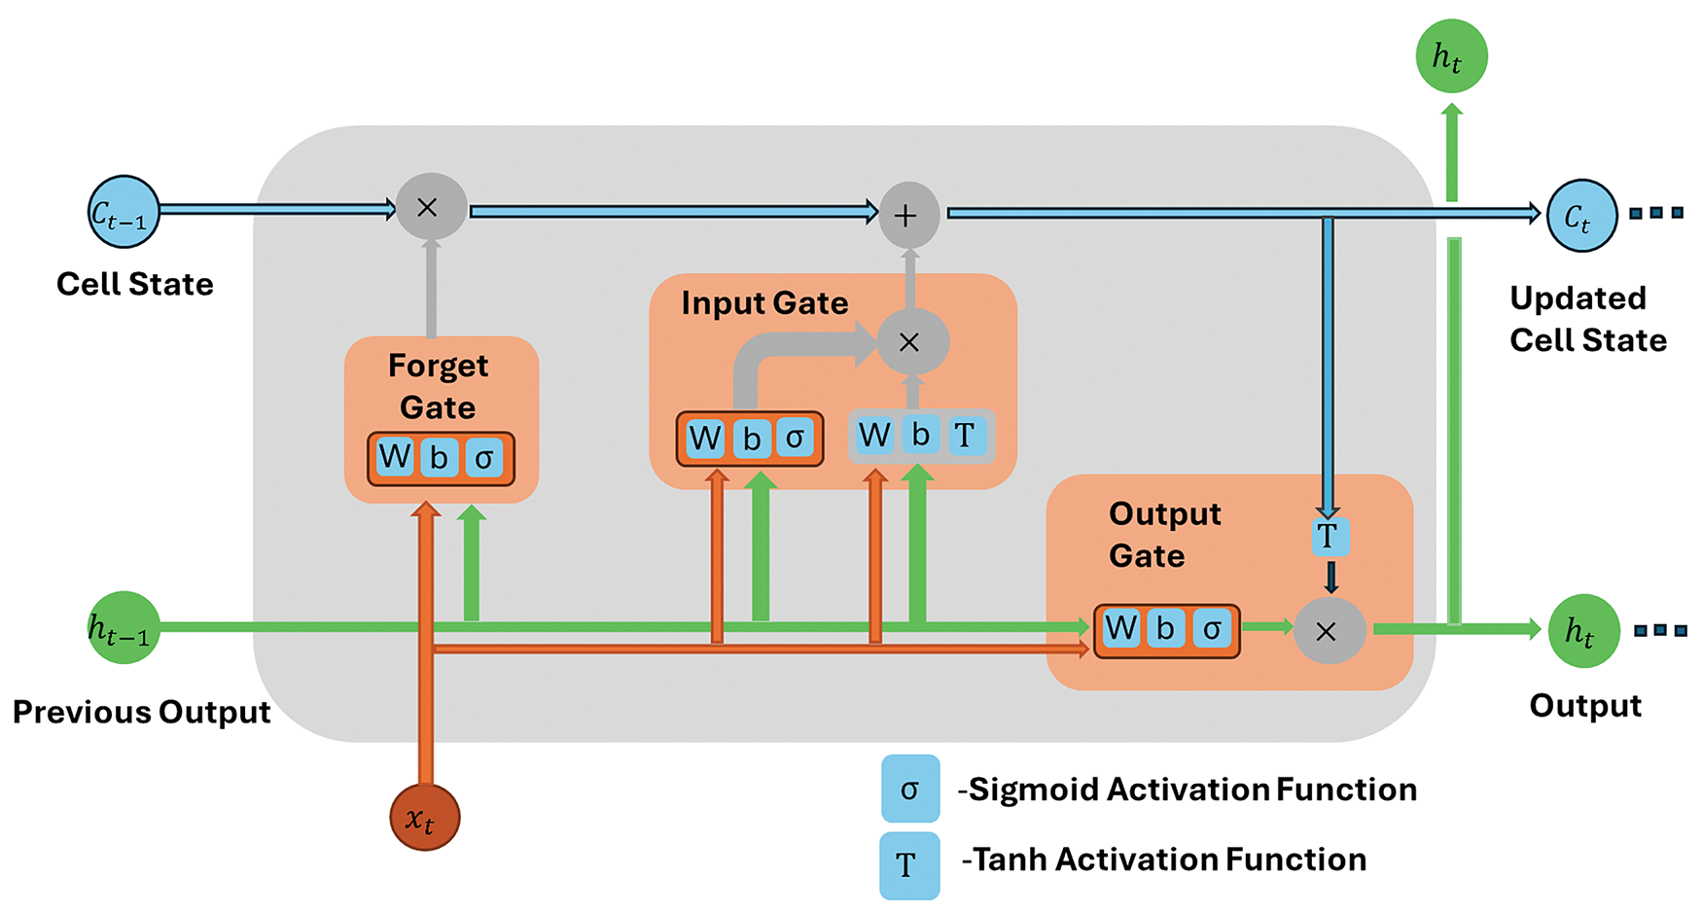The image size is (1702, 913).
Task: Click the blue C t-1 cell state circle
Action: tap(124, 212)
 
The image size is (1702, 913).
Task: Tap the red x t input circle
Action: tap(425, 817)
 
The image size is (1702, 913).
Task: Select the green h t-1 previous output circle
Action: tap(124, 628)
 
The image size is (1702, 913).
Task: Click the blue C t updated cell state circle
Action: tap(1581, 216)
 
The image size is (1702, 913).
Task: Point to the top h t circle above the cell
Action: tap(1451, 56)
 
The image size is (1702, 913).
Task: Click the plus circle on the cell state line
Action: tap(908, 215)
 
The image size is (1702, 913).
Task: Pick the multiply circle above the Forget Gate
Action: tap(431, 206)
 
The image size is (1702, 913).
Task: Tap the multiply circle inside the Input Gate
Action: tap(912, 341)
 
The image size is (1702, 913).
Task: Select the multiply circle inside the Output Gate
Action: tap(1329, 631)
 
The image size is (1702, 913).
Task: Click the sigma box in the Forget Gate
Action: tap(484, 457)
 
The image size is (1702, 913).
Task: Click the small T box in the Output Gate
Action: tap(1329, 536)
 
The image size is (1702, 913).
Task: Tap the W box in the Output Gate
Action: tap(1121, 629)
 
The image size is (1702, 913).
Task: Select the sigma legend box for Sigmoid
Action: tap(910, 789)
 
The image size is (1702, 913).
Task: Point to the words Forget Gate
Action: tap(439, 386)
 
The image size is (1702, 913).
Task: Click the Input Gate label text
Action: tap(764, 303)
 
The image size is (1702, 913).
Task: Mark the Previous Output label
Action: tap(142, 712)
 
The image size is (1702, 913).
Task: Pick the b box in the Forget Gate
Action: tap(440, 457)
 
